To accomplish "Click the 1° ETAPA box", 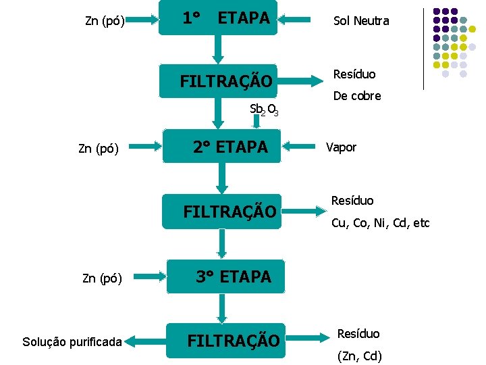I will point(219,18).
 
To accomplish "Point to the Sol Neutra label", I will point(361,21).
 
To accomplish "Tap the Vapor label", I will point(341,147).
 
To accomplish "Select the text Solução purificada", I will point(71,343).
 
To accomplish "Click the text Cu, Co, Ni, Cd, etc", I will point(380,223).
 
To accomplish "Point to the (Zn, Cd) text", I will point(358,356).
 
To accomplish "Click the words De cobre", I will point(357,96).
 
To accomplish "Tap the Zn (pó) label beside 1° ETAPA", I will point(105,21).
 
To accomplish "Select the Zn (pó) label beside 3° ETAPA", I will point(101,277).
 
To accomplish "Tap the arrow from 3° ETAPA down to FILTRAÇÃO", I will point(219,308).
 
